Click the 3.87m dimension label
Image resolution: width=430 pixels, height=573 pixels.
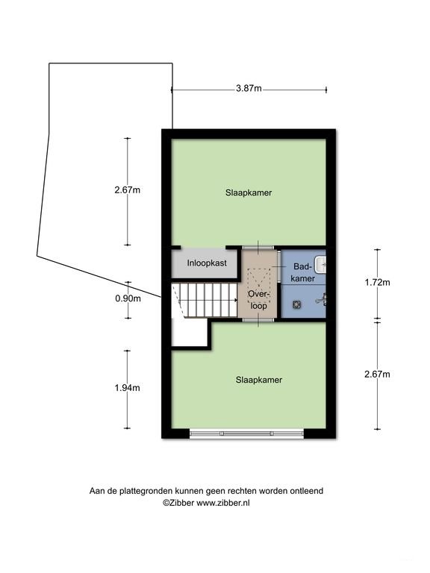[249, 88]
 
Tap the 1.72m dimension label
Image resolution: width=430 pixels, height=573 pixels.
[377, 282]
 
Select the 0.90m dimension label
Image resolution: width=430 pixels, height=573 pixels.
[128, 298]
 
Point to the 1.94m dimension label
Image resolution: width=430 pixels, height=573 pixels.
[127, 388]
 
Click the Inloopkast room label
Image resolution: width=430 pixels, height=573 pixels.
[207, 263]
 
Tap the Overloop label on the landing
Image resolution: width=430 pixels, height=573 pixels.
[259, 300]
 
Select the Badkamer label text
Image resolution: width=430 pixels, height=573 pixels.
[304, 272]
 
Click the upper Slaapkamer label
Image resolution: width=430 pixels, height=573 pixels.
[249, 192]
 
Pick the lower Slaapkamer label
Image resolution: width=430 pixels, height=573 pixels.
[259, 380]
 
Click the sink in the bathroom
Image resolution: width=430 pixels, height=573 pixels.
[321, 264]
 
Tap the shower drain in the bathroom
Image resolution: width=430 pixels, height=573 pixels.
[296, 304]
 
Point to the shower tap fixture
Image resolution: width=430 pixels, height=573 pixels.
[322, 300]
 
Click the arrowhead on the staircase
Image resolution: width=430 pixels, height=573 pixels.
[236, 300]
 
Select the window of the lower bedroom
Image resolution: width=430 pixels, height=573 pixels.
[247, 433]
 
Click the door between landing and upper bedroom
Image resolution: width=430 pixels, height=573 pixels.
[258, 248]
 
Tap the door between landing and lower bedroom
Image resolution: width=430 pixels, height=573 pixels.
[258, 320]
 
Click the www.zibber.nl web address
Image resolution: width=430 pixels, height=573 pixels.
[223, 502]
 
